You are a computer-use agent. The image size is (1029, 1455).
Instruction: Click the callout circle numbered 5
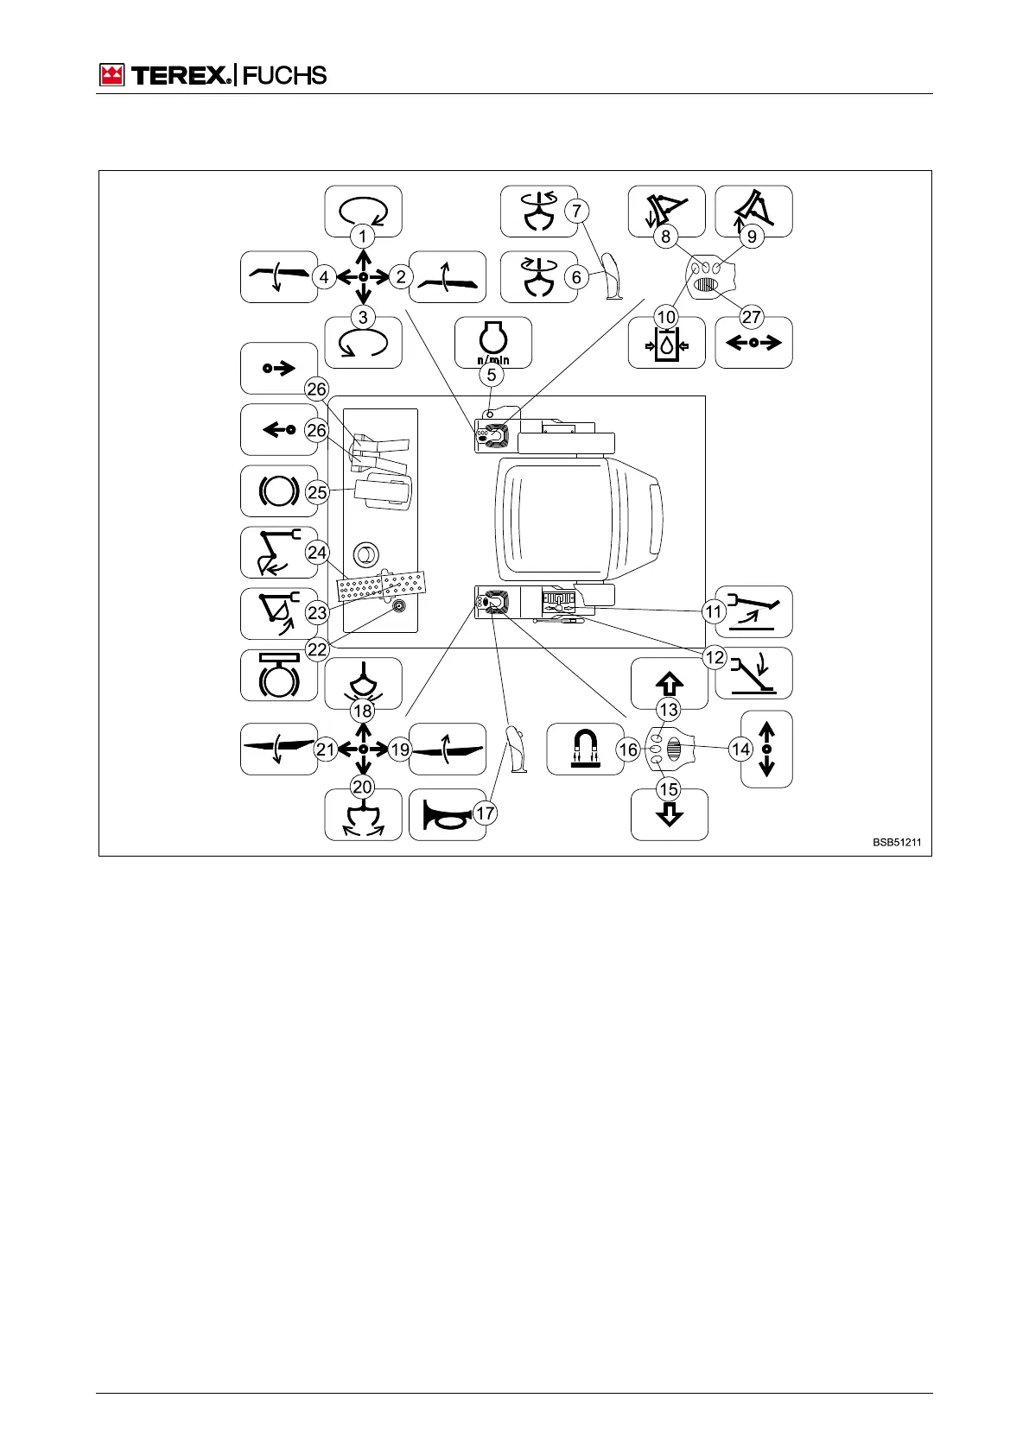492,375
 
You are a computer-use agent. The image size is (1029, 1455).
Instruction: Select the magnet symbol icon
585,749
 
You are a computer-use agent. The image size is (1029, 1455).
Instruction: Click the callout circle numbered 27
752,317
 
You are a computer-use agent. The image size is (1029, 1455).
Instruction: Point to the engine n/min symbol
493,343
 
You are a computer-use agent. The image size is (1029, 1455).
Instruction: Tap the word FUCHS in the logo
284,75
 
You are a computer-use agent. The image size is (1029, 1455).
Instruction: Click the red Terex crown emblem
112,75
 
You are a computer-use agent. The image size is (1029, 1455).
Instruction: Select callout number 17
486,813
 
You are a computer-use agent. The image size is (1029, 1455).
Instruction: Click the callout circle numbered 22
317,649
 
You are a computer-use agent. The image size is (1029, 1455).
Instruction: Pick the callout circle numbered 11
713,612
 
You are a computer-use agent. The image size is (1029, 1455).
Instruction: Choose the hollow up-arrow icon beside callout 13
670,684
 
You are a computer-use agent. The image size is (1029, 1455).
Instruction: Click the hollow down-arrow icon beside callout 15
670,814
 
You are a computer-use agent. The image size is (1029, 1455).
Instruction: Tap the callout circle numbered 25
317,492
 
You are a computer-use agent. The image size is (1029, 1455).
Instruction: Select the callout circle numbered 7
576,210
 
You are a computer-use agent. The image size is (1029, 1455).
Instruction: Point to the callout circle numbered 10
666,317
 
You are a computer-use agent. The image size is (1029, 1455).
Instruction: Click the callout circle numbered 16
628,750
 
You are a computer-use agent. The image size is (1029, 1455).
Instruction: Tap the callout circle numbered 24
317,553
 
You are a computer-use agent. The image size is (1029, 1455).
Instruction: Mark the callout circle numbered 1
363,236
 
